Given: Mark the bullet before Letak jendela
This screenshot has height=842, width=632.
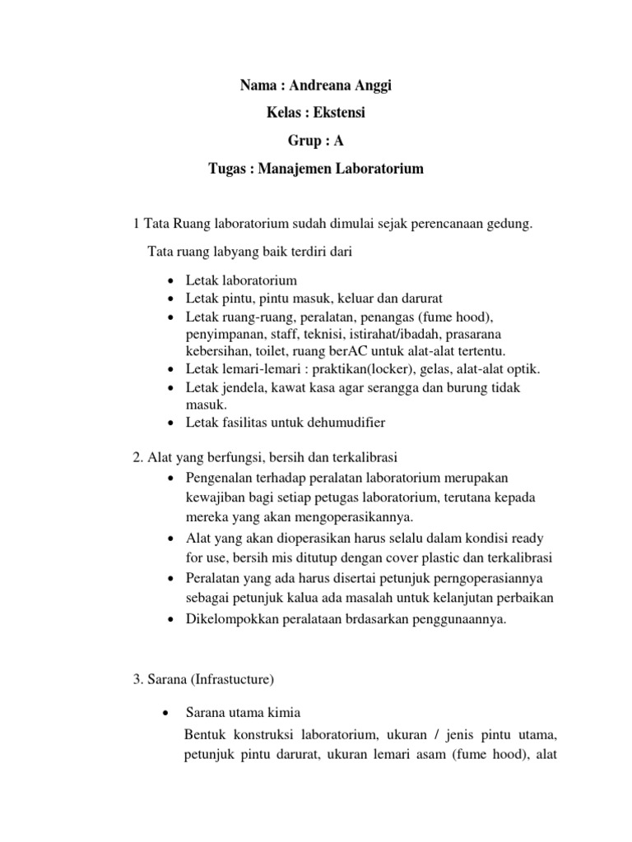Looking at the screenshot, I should coord(170,387).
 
